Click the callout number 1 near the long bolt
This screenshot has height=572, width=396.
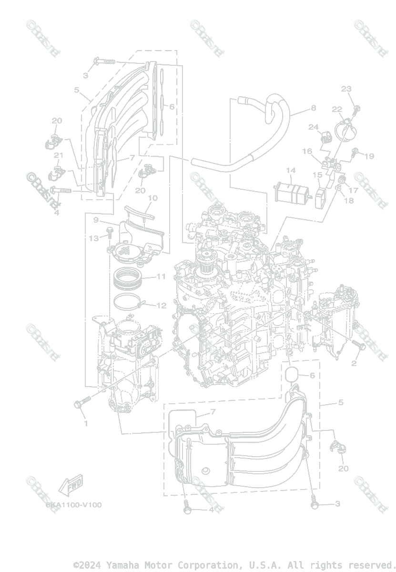click(x=86, y=423)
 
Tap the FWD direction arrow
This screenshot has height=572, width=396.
click(x=71, y=486)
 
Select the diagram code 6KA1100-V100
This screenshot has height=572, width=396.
click(x=73, y=505)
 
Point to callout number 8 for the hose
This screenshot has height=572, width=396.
click(x=313, y=108)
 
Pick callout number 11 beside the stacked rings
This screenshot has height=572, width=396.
click(x=161, y=276)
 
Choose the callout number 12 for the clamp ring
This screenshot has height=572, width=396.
click(x=162, y=306)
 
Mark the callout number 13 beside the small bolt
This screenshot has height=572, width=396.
click(x=93, y=237)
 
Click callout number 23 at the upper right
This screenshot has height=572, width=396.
click(x=346, y=89)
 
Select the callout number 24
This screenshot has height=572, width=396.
click(x=313, y=127)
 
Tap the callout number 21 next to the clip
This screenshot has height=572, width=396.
click(x=59, y=155)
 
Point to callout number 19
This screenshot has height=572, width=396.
click(x=369, y=156)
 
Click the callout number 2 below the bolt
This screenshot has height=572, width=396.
click(x=354, y=364)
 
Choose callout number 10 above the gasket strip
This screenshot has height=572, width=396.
click(x=152, y=198)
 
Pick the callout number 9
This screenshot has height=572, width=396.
click(x=96, y=220)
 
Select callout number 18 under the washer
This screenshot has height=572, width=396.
click(x=349, y=201)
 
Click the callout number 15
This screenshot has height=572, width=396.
click(x=317, y=175)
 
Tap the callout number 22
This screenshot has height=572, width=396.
click(x=337, y=109)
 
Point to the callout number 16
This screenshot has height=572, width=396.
click(x=307, y=151)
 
